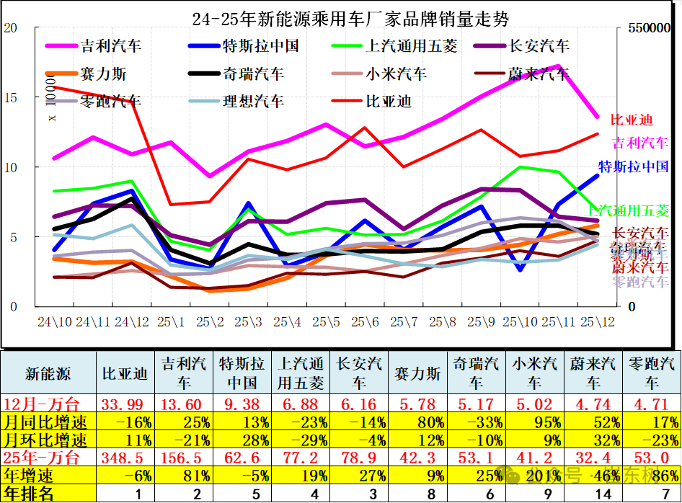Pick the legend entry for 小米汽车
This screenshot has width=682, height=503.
(x=396, y=74)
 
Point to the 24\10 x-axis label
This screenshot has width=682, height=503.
(x=55, y=321)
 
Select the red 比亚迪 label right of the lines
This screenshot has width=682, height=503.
(x=631, y=120)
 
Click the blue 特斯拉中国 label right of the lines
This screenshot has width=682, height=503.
(x=634, y=167)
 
